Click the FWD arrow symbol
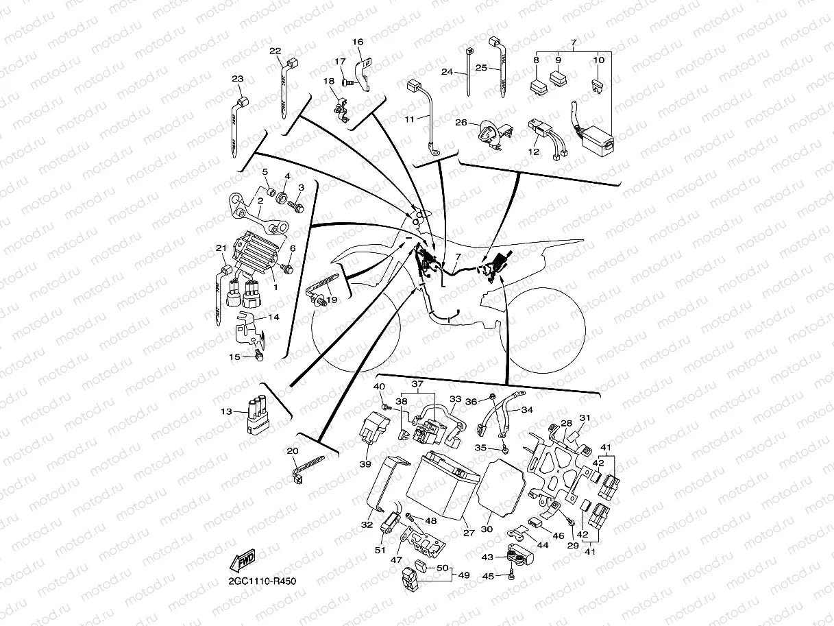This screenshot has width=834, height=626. (x=244, y=562)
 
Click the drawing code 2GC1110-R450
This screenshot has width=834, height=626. (x=264, y=581)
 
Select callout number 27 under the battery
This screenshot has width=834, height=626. (x=469, y=532)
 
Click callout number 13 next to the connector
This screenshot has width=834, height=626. (x=227, y=412)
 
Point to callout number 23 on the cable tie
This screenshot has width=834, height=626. (x=237, y=79)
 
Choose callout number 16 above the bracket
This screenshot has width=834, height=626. (x=358, y=42)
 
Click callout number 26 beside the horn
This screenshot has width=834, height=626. (x=461, y=123)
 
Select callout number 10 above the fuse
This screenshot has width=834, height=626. (x=598, y=60)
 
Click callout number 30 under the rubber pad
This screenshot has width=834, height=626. (x=487, y=529)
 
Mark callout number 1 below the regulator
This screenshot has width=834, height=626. (x=275, y=287)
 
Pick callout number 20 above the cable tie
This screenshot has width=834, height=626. (x=293, y=451)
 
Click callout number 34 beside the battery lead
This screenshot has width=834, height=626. (x=526, y=410)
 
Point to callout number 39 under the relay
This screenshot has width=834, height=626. (x=365, y=464)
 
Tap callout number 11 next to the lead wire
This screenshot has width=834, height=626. (x=409, y=119)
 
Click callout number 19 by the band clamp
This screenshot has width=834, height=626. (x=332, y=299)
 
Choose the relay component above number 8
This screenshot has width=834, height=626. (x=537, y=87)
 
